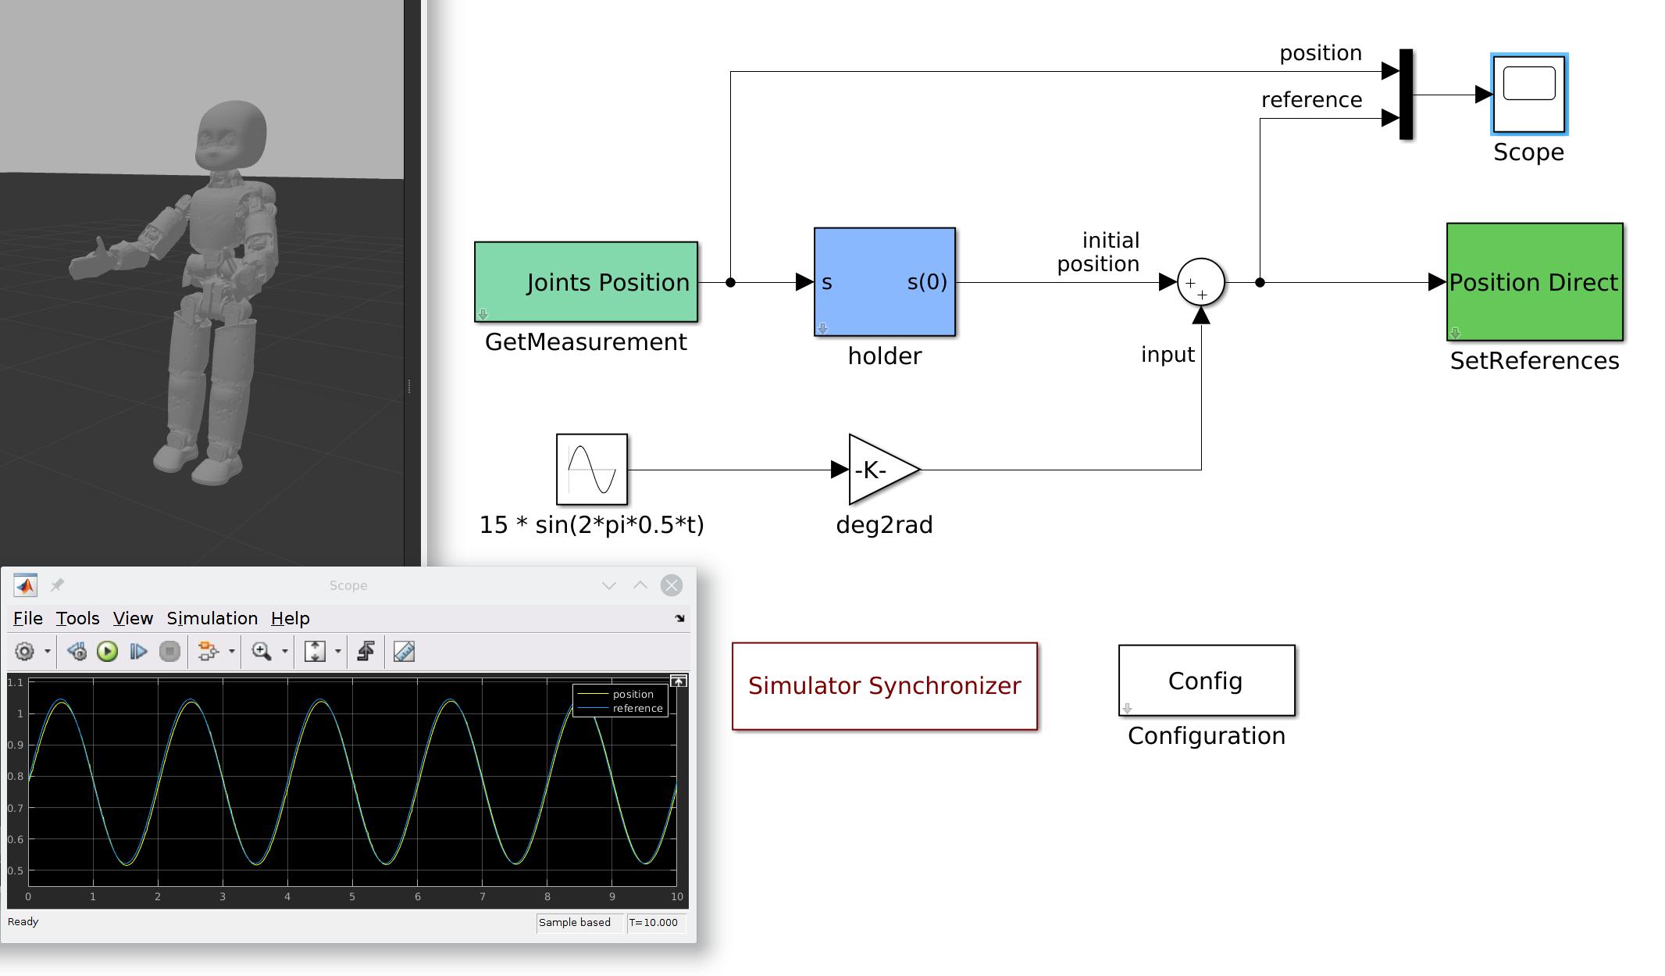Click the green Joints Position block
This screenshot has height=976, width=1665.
coord(586,282)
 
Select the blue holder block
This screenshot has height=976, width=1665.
coord(884,282)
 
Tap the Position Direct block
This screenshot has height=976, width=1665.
coord(1534,282)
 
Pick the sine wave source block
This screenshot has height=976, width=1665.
coord(591,470)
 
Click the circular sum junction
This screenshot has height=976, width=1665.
coord(1200,282)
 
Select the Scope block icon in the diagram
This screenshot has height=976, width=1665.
coord(1528,95)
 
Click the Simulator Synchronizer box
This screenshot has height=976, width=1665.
coord(884,686)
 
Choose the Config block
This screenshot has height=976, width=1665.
coord(1206,681)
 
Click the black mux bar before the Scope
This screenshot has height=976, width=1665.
coord(1406,95)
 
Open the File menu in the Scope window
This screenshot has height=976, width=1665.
coord(28,618)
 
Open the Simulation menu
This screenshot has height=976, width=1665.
coord(212,618)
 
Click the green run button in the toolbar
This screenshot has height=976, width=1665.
coord(107,652)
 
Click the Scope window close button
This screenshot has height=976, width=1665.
coord(671,585)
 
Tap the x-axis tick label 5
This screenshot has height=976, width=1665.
coord(352,896)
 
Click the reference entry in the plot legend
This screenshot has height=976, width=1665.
coord(636,708)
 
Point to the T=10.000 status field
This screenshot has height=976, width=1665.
coord(654,922)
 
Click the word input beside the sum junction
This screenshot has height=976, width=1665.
coord(1168,355)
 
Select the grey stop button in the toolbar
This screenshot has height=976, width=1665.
coord(169,652)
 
